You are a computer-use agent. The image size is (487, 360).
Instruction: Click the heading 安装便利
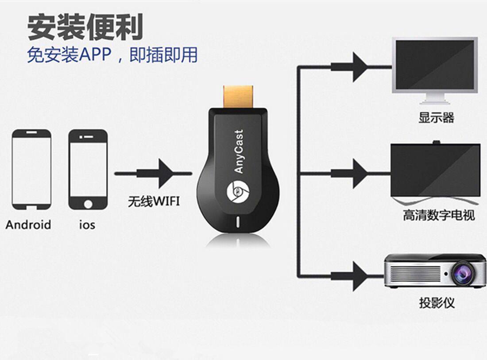pyautogui.click(x=85, y=27)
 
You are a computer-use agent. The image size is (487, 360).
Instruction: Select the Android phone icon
pyautogui.click(x=31, y=170)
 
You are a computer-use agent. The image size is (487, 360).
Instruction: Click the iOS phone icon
pyautogui.click(x=88, y=170)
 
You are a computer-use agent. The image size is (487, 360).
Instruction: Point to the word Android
pyautogui.click(x=28, y=225)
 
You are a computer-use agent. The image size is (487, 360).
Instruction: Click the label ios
pyautogui.click(x=87, y=225)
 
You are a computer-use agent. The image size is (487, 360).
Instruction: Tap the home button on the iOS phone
pyautogui.click(x=88, y=204)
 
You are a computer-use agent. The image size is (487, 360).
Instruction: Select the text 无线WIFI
pyautogui.click(x=154, y=202)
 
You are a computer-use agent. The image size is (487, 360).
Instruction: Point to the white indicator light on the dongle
pyautogui.click(x=238, y=221)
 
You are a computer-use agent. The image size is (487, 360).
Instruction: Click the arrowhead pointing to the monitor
pyautogui.click(x=359, y=67)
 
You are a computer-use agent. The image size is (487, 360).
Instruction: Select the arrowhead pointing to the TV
pyautogui.click(x=359, y=174)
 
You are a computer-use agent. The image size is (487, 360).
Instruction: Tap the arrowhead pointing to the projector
pyautogui.click(x=359, y=276)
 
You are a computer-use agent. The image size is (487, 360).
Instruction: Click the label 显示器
pyautogui.click(x=436, y=117)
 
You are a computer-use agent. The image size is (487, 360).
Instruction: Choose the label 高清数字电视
pyautogui.click(x=439, y=216)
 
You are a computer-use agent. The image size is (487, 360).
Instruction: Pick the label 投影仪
pyautogui.click(x=437, y=303)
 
